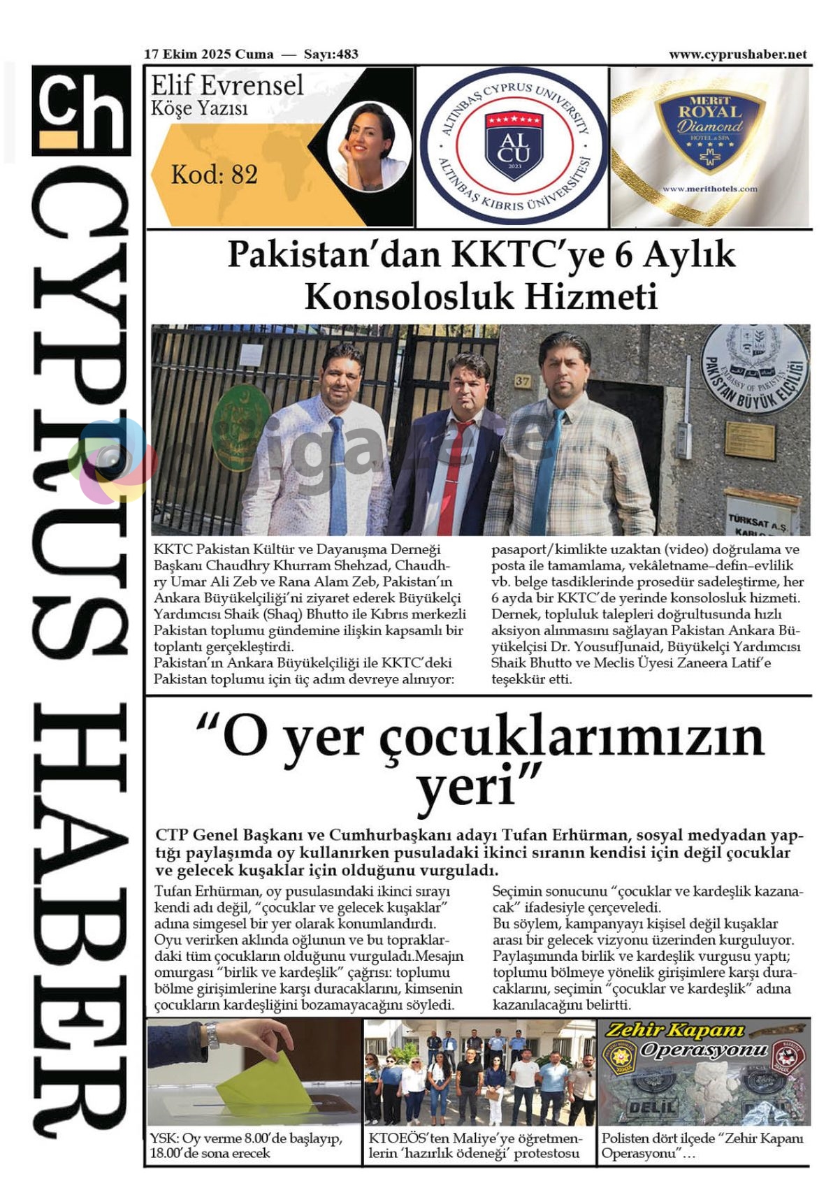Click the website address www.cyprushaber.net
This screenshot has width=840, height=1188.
[737, 55]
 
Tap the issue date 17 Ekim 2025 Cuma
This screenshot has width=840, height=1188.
[208, 55]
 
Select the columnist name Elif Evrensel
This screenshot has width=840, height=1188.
[227, 86]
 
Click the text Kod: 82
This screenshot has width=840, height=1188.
[215, 174]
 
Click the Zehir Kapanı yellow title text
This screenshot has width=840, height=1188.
[665, 1031]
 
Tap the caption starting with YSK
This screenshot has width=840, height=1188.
[246, 1145]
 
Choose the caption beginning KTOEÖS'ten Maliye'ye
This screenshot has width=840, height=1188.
[475, 1145]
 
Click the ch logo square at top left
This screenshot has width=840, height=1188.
[81, 110]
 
